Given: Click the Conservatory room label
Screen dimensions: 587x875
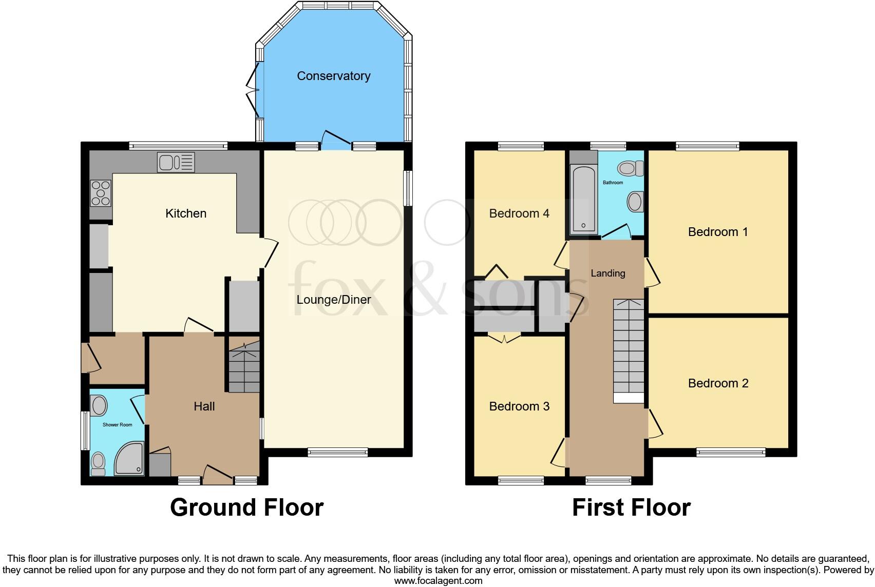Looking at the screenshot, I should coord(333,76).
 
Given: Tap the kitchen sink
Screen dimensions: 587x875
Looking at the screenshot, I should coord(176,163).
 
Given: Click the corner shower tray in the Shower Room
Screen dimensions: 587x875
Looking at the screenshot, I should coord(128,458).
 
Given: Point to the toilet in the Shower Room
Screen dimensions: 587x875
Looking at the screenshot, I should coord(98,463).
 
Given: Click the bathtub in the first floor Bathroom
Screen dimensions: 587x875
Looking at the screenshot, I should coord(582,200).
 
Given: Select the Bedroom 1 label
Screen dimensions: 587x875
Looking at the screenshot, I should coord(717,232).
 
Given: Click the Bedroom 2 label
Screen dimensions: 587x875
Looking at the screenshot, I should coord(718,383).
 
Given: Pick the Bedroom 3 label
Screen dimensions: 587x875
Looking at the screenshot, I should coord(519,406).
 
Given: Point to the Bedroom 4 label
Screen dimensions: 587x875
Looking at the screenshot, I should coord(519,213).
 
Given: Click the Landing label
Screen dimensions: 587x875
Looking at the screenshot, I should coord(607,273).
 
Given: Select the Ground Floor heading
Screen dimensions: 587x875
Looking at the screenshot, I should coord(246,507).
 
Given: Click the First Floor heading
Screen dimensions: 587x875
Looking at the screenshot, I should coord(631,507).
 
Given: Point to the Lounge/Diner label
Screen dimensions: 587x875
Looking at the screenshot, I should coord(333,300).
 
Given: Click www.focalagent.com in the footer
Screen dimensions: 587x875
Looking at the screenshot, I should coord(438,581).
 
